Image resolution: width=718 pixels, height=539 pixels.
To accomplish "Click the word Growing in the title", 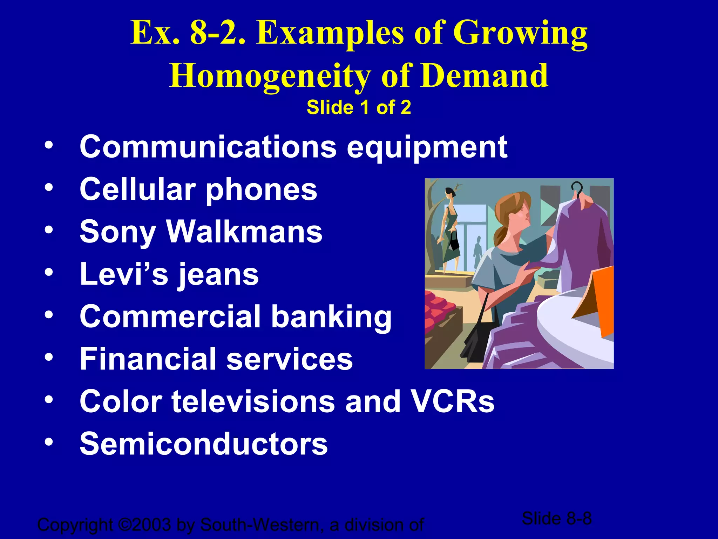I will (x=520, y=34).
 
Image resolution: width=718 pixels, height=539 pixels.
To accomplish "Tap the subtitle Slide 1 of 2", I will (x=359, y=107).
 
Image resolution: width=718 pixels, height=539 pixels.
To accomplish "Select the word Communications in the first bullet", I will (x=208, y=147).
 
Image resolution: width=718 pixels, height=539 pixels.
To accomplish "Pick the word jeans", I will (x=218, y=274).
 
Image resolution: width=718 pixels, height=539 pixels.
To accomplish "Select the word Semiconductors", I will (x=204, y=444).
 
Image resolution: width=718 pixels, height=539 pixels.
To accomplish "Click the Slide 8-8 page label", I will (x=556, y=518).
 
